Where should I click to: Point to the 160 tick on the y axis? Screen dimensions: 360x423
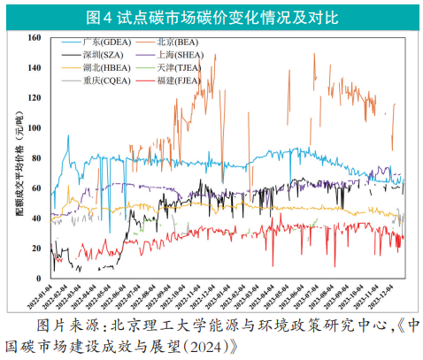pos(36,38)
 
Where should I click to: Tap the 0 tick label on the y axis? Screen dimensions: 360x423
pos(42,278)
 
